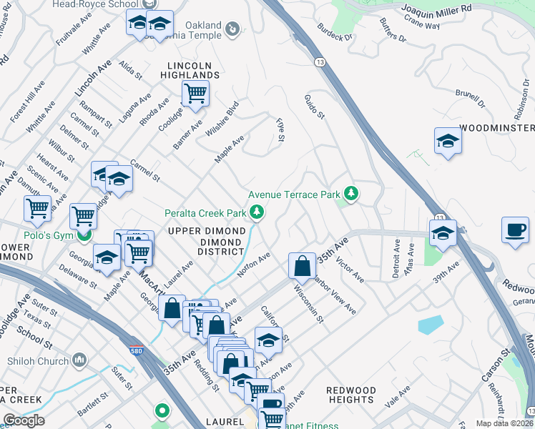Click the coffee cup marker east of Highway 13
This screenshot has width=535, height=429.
(x=514, y=230)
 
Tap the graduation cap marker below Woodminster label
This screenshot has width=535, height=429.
(x=448, y=141)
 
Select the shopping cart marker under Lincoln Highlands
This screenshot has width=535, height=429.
(x=195, y=93)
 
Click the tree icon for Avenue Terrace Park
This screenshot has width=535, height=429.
(x=350, y=194)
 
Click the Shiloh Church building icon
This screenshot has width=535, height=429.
(x=79, y=358)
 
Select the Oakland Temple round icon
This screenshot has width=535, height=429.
(x=232, y=29)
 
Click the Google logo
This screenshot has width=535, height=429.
(x=24, y=420)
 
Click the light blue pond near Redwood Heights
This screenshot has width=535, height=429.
(x=431, y=325)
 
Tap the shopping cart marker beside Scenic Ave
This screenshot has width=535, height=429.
(x=37, y=209)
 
